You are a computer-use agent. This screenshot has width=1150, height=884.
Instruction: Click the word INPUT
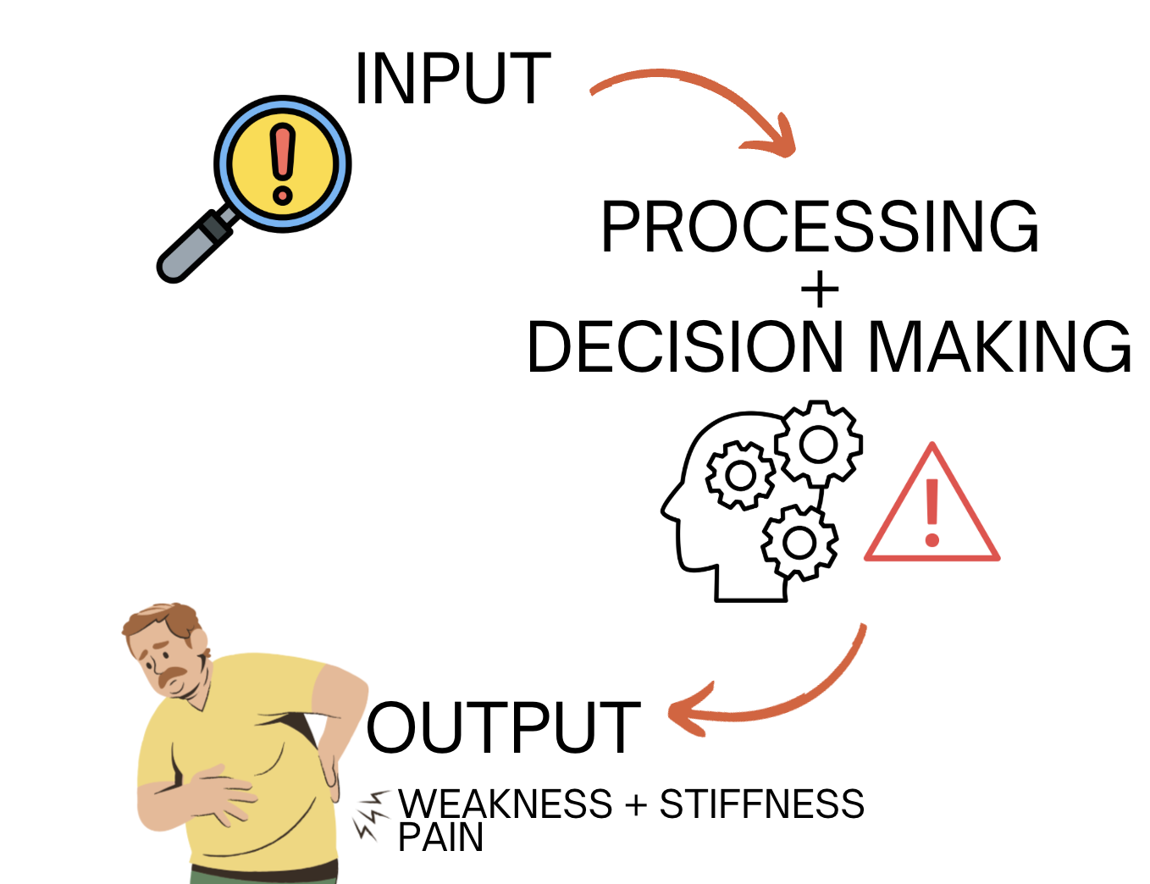[452, 79]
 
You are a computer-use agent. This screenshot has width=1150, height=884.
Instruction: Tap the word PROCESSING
[819, 227]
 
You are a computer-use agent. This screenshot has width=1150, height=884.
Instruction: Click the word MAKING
[999, 347]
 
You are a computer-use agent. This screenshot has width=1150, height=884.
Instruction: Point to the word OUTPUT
[503, 727]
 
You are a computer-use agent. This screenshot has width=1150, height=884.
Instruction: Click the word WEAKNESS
[505, 804]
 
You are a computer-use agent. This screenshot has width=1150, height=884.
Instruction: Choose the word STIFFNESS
[761, 804]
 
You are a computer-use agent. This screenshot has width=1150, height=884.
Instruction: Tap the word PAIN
[440, 837]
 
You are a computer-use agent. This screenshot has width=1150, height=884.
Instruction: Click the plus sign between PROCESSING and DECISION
[819, 291]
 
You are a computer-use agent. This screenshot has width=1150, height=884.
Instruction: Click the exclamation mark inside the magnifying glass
[283, 164]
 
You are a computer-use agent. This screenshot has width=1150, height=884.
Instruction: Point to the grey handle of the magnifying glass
[188, 251]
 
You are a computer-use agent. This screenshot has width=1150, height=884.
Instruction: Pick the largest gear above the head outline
[818, 444]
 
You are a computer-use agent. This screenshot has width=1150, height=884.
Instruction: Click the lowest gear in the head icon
[799, 542]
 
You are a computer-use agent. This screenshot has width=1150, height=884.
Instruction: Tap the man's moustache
[174, 677]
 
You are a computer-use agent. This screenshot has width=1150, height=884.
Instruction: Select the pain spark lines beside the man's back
[369, 815]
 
